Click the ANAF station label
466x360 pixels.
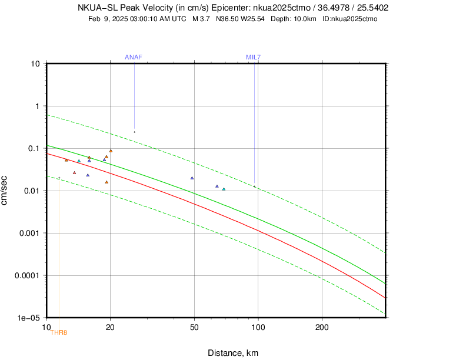coord(134,57)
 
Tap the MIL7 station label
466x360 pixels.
coord(254,57)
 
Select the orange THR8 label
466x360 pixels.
coord(59,333)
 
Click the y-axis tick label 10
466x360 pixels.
coord(35,64)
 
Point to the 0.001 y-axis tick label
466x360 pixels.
coord(29,233)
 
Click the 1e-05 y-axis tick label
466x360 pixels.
coord(29,318)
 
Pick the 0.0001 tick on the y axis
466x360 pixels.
coord(28,275)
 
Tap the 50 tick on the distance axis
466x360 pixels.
coord(194,326)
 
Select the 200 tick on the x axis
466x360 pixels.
coord(322,326)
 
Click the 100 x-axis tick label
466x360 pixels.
coord(258,326)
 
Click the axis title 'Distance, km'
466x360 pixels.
coord(233,353)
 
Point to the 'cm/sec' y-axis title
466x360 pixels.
coord(5,190)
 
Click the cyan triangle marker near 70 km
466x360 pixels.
coord(224,189)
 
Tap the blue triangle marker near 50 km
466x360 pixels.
coord(192,178)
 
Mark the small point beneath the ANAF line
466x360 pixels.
coord(134,132)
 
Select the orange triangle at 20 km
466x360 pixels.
coord(111,151)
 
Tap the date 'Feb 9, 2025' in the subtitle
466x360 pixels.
coord(108,19)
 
